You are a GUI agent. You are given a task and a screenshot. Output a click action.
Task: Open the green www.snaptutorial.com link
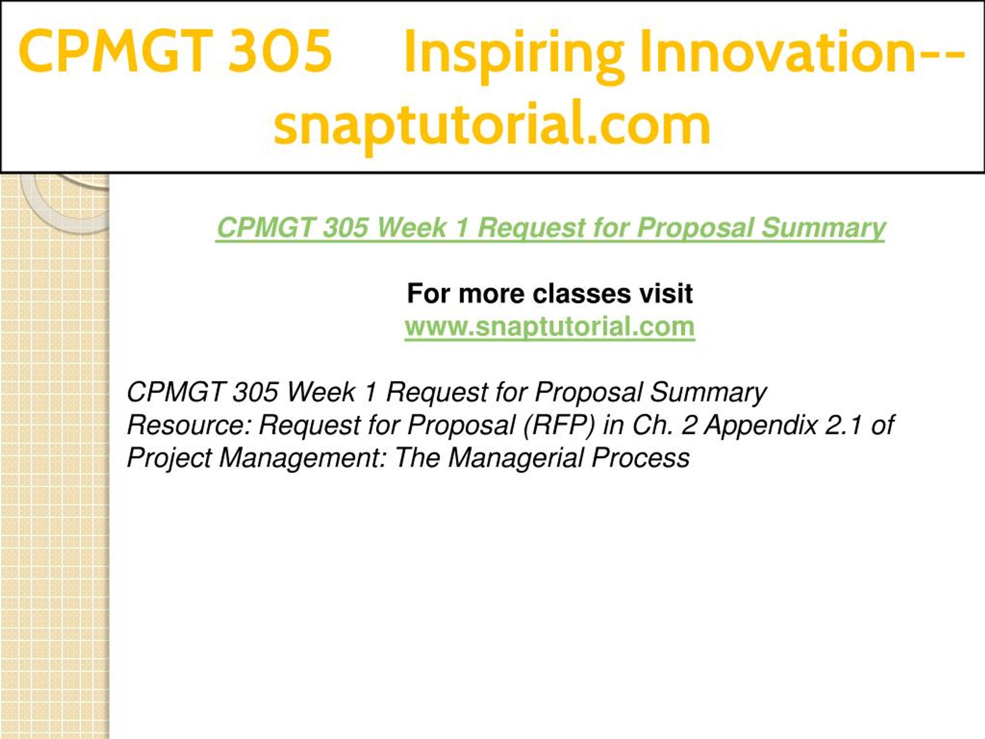pos(549,326)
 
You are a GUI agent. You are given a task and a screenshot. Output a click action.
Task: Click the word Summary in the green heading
pos(823,228)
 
